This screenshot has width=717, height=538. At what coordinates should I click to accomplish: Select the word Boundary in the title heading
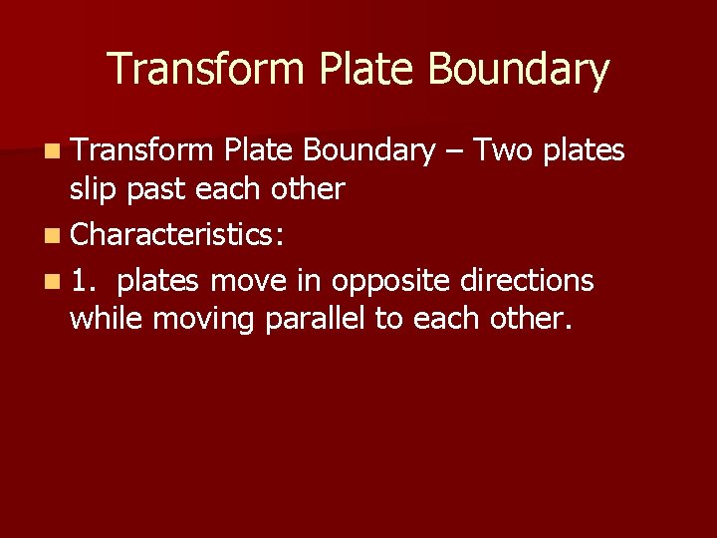(x=518, y=70)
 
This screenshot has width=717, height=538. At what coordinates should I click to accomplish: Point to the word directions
(x=526, y=281)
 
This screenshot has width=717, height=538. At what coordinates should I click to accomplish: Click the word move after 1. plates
(x=248, y=282)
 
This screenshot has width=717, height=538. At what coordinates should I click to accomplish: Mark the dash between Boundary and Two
(x=454, y=151)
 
